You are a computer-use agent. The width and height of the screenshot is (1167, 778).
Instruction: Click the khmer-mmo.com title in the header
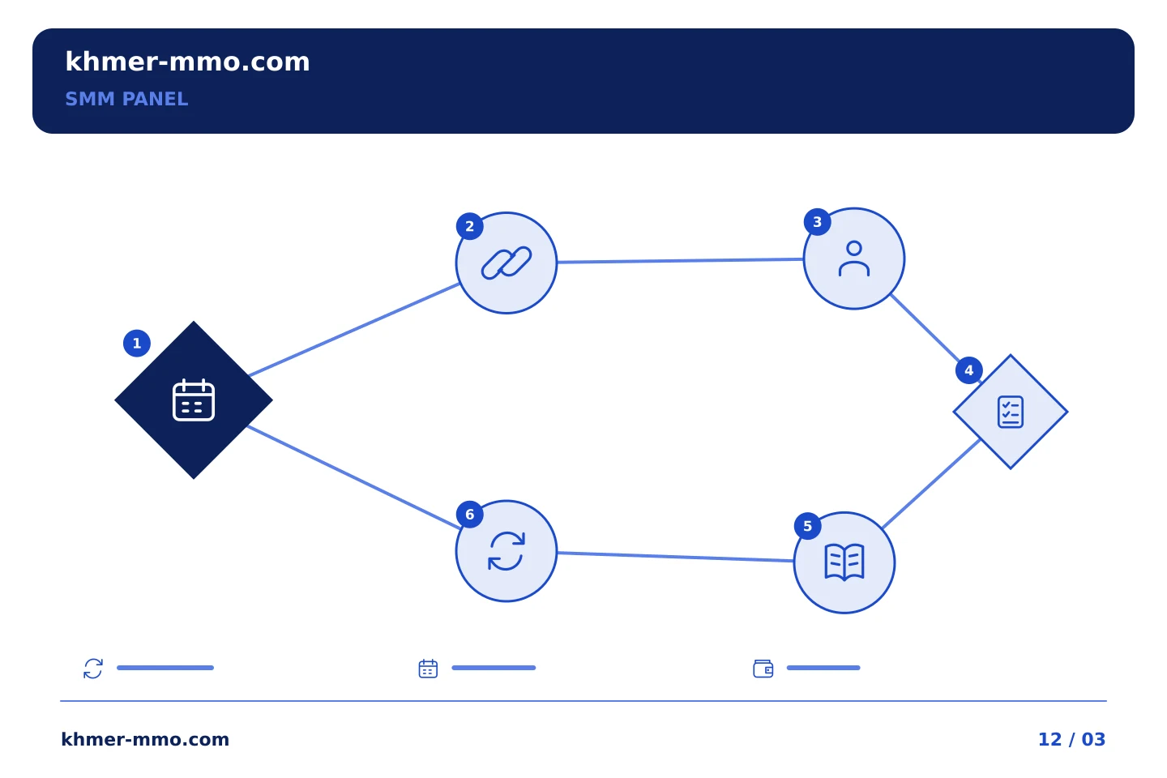[x=187, y=62]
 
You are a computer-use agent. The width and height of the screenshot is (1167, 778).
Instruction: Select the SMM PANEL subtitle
[x=126, y=99]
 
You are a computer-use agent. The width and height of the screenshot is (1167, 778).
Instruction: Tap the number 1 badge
[x=137, y=344]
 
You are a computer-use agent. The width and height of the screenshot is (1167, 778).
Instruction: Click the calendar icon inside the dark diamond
[x=193, y=400]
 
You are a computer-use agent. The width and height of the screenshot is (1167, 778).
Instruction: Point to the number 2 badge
[x=469, y=226]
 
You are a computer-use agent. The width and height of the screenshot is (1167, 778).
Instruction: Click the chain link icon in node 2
[x=507, y=263]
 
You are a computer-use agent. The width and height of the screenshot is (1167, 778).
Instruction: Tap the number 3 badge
[x=818, y=222]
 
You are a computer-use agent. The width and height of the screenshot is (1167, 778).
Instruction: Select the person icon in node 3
[x=854, y=259]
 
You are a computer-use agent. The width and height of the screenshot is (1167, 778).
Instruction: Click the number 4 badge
[x=969, y=370]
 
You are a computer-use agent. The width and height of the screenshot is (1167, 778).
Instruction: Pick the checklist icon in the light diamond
[x=1011, y=412]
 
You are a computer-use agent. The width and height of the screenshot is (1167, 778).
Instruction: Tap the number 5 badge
[x=807, y=526]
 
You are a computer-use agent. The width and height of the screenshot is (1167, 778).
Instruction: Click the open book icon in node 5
[x=844, y=562]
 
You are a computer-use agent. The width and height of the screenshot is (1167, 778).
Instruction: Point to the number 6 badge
[x=469, y=515]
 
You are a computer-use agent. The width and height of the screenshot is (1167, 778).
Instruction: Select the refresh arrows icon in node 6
[x=507, y=551]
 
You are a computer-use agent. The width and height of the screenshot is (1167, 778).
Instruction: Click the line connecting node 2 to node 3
[x=680, y=261]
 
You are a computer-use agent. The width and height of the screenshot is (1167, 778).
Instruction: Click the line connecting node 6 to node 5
[x=675, y=557]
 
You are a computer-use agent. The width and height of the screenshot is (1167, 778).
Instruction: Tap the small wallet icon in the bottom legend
[x=763, y=669]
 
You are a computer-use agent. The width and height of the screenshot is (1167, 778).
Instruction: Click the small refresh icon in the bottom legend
[x=93, y=669]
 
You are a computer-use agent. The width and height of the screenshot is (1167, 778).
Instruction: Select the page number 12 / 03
[x=1071, y=739]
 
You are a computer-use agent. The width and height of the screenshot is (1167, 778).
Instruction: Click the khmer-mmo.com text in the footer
[x=145, y=739]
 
